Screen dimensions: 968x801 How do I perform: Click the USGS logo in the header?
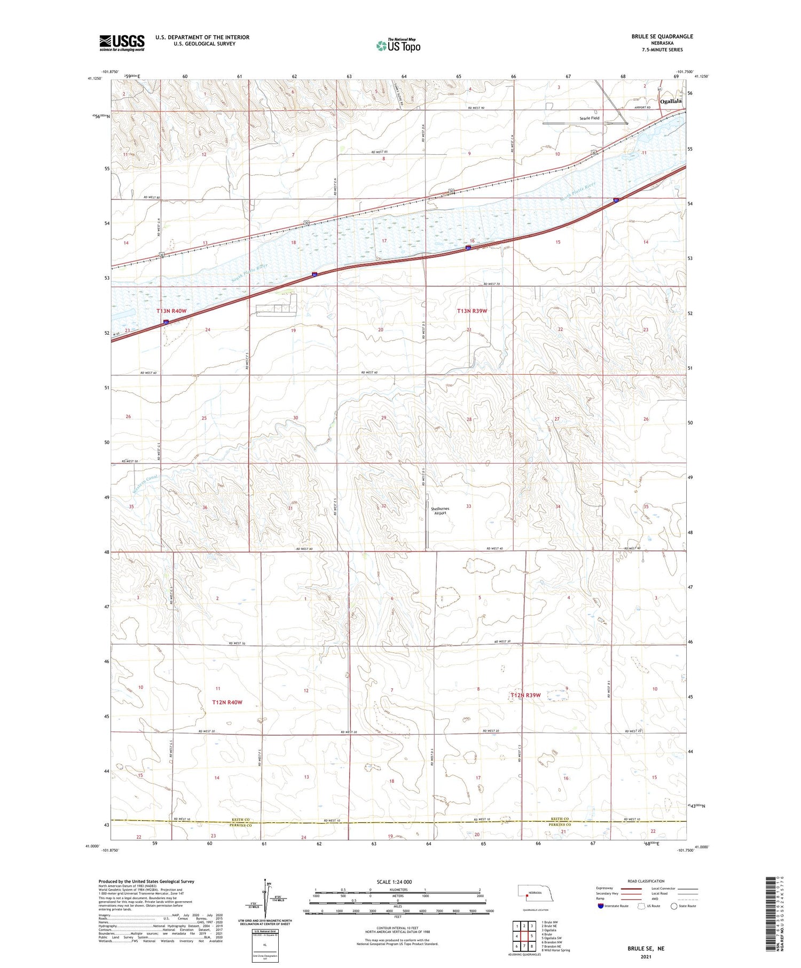tap(122, 43)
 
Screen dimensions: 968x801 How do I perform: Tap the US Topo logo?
tap(398, 46)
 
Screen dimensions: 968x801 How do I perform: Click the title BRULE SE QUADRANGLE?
tap(662, 36)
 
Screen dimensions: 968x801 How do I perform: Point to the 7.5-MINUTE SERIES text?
tap(662, 50)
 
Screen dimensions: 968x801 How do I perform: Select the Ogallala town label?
tap(671, 101)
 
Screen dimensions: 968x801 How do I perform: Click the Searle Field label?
tap(588, 118)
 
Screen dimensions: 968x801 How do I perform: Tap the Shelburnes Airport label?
tap(440, 510)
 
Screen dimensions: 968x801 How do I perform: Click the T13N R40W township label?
tap(171, 311)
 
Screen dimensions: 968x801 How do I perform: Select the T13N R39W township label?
tap(472, 311)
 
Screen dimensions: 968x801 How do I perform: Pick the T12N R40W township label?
tap(227, 702)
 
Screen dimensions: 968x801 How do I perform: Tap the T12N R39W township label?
tap(525, 695)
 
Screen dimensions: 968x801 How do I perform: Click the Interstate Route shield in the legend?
tap(601, 906)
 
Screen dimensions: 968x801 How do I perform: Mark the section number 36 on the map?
tap(205, 507)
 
